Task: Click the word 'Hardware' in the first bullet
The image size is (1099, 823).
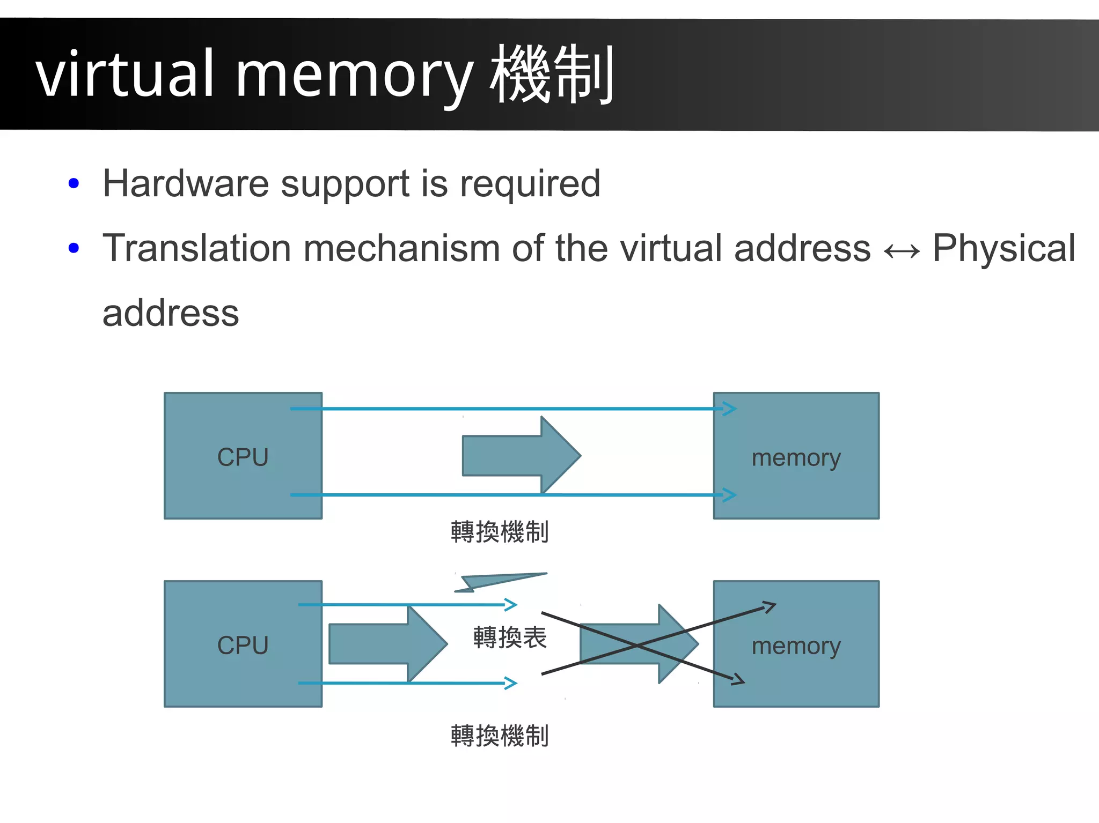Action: pyautogui.click(x=186, y=184)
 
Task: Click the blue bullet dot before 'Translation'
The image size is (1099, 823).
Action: pyautogui.click(x=74, y=248)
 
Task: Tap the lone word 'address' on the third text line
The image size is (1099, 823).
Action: pyautogui.click(x=171, y=313)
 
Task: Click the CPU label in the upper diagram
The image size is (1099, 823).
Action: pyautogui.click(x=243, y=457)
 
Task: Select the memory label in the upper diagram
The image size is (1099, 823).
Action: pyautogui.click(x=796, y=458)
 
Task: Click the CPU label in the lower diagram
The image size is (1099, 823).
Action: pyautogui.click(x=243, y=646)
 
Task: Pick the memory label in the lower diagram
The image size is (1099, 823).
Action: pyautogui.click(x=796, y=647)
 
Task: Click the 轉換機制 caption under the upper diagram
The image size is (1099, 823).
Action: pyautogui.click(x=500, y=532)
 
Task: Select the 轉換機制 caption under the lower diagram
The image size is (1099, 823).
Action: pyautogui.click(x=500, y=736)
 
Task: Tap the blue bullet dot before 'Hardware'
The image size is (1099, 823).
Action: pyautogui.click(x=74, y=184)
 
